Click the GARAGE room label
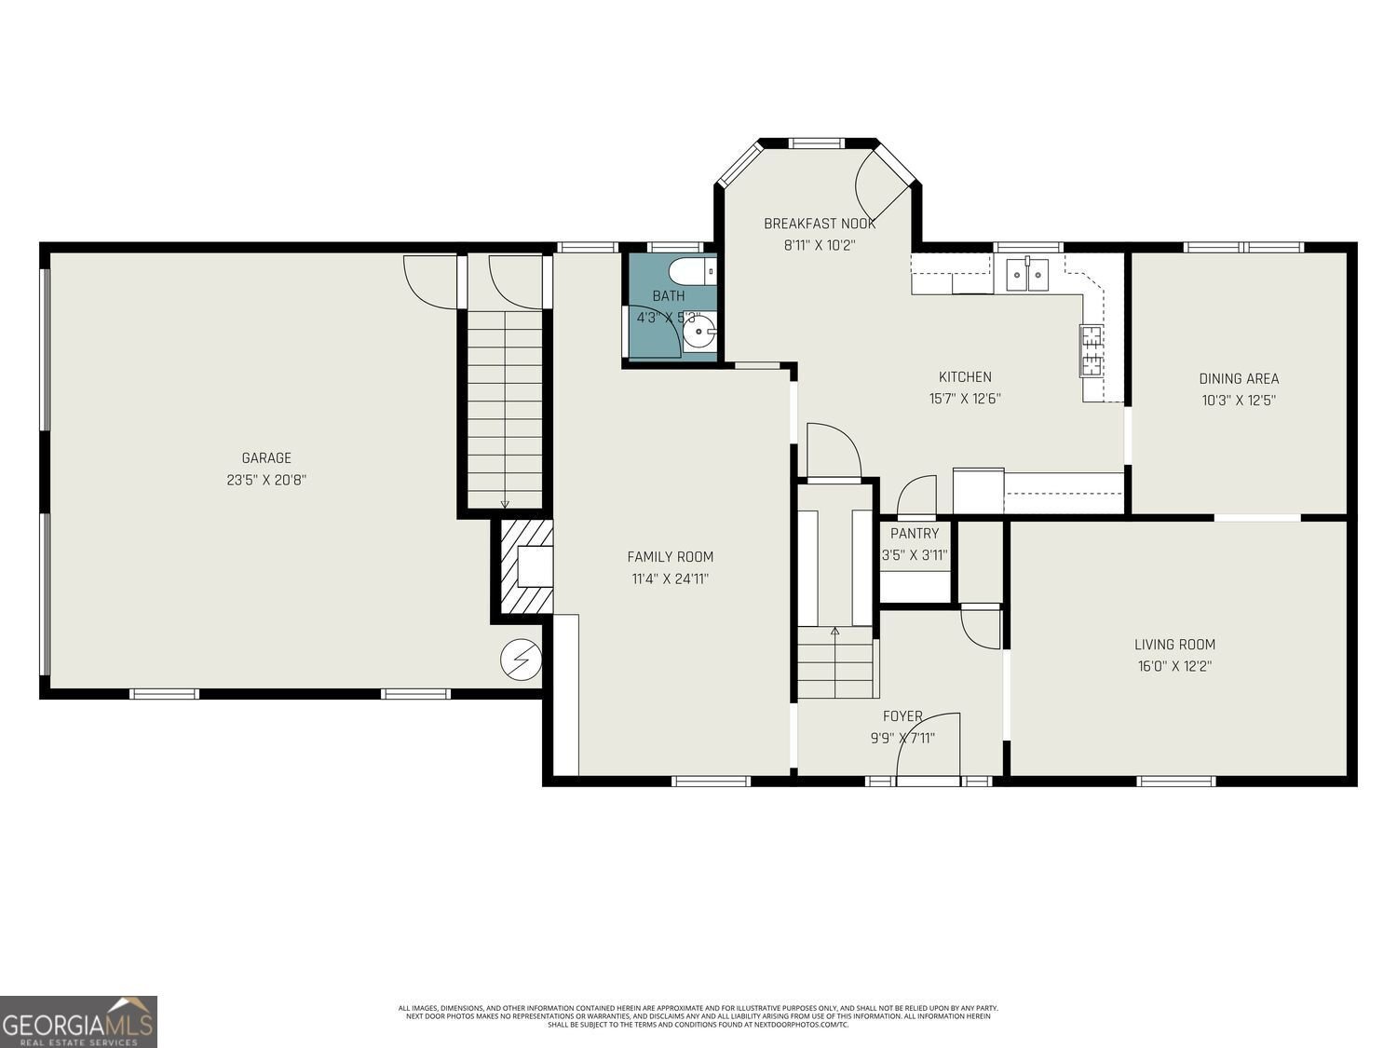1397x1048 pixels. [x=266, y=457]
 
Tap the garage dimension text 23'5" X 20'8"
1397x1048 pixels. [x=266, y=481]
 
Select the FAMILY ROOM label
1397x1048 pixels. [x=670, y=557]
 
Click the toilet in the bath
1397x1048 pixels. [x=693, y=271]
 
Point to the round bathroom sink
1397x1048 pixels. [x=697, y=331]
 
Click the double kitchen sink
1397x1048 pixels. [x=1027, y=275]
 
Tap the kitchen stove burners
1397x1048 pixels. [x=1091, y=350]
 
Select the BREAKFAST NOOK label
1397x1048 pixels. [x=820, y=224]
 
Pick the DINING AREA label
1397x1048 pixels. [x=1238, y=378]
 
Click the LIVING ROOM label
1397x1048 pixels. [x=1174, y=644]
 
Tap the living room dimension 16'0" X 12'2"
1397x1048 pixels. [x=1174, y=666]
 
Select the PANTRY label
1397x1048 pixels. [x=915, y=534]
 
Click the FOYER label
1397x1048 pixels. [x=902, y=716]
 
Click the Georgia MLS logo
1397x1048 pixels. [x=78, y=1022]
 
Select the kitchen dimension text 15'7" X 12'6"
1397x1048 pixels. [x=965, y=399]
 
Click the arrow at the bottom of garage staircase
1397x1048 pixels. [x=505, y=504]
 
